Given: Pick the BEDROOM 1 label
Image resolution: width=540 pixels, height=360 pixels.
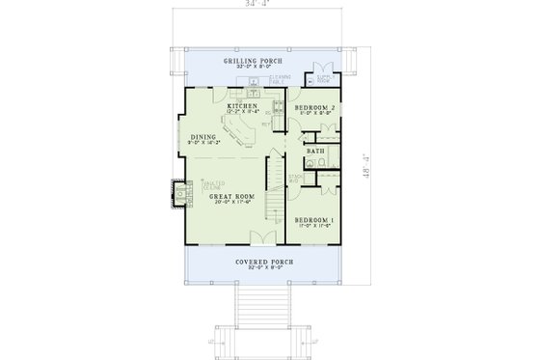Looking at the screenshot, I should [x=314, y=221].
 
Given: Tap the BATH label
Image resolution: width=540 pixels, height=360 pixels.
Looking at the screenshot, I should [x=314, y=152].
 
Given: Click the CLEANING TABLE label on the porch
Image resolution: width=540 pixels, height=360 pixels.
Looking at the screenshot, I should [x=280, y=79].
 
